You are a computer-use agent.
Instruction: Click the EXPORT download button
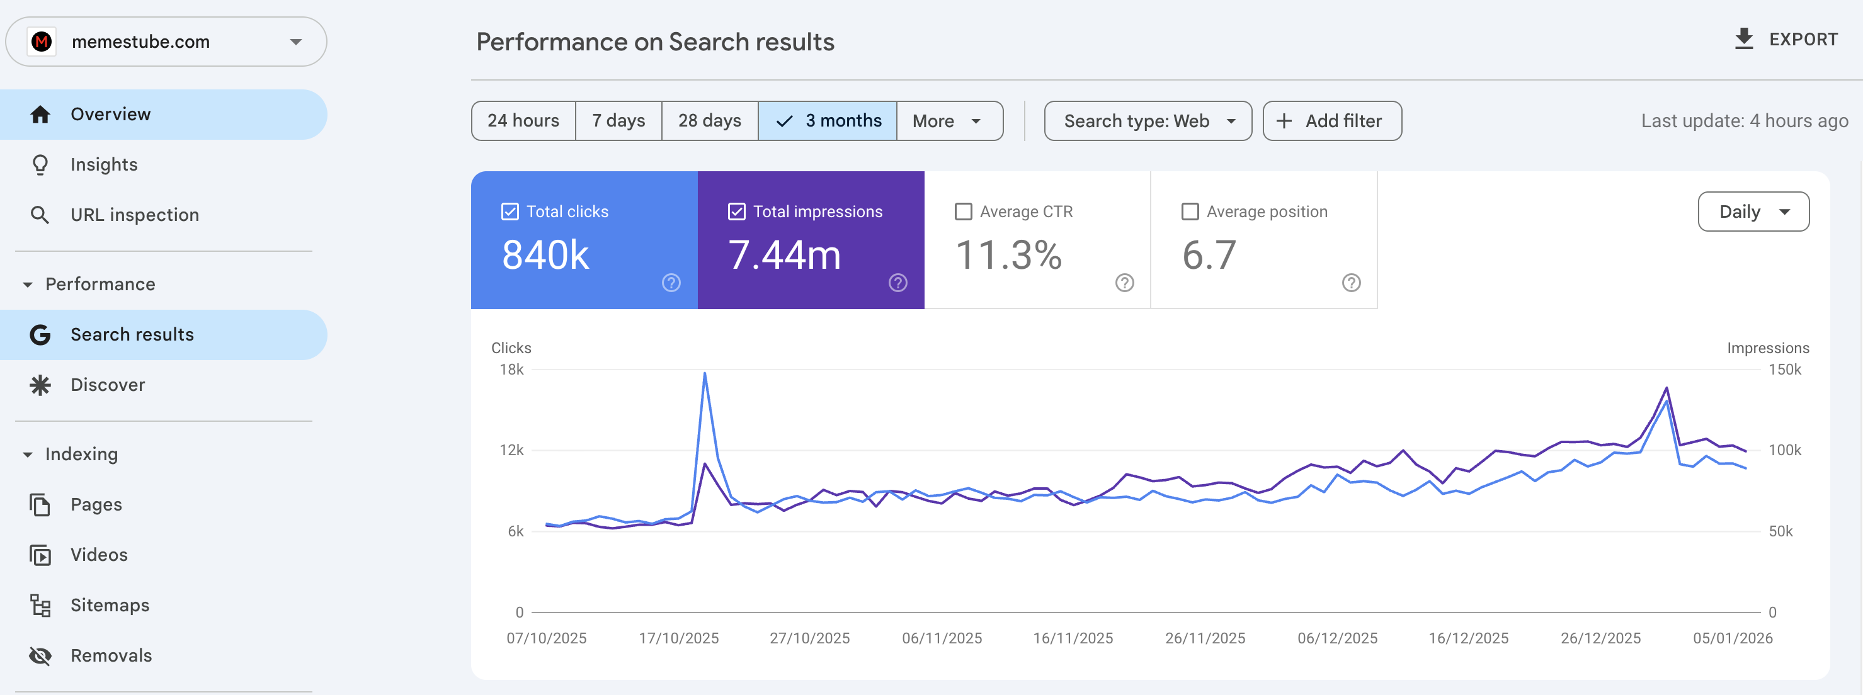click(1786, 40)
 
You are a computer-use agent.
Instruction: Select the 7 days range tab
click(618, 121)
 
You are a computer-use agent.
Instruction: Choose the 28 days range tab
click(709, 121)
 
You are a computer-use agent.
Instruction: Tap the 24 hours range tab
click(523, 121)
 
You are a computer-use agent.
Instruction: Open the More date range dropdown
click(948, 121)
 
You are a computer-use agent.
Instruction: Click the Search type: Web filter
click(1147, 121)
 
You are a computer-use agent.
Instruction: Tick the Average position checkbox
click(1190, 212)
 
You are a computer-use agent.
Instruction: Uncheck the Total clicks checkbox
click(510, 212)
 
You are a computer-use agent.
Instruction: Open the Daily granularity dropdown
click(1752, 212)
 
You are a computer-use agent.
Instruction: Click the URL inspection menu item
click(135, 215)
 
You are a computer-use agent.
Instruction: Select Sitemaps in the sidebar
click(110, 606)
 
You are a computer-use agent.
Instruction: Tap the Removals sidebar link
click(111, 656)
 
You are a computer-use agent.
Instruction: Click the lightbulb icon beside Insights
click(40, 165)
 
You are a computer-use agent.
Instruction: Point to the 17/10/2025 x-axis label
click(678, 638)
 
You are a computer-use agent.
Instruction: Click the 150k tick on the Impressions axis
click(1784, 370)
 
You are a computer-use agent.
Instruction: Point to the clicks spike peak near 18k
click(704, 373)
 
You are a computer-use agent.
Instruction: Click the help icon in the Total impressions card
click(897, 283)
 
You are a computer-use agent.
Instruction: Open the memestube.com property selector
click(166, 42)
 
